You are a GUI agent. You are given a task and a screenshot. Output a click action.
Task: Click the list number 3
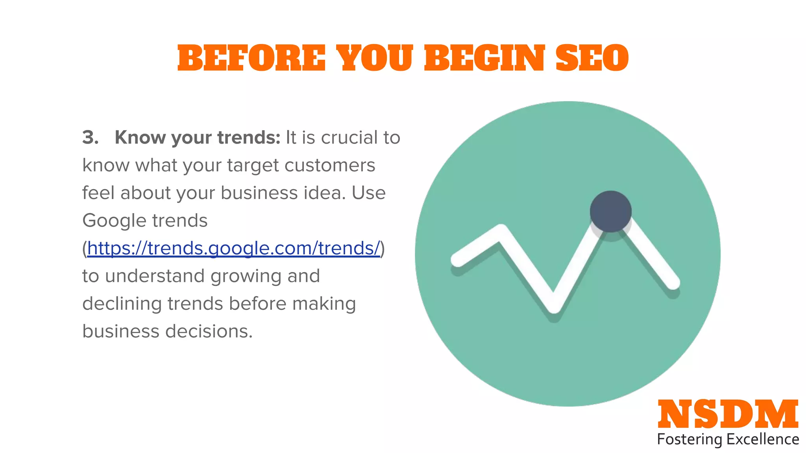pyautogui.click(x=90, y=138)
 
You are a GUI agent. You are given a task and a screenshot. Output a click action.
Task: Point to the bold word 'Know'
pyautogui.click(x=140, y=138)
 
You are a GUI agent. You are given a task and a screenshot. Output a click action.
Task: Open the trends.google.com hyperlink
pyautogui.click(x=234, y=249)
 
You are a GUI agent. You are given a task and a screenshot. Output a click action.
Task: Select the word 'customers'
pyautogui.click(x=330, y=165)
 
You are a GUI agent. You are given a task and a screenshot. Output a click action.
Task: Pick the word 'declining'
pyautogui.click(x=122, y=304)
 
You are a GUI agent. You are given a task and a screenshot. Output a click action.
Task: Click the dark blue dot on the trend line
pyautogui.click(x=610, y=212)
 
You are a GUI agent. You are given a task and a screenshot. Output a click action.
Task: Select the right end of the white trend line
pyautogui.click(x=673, y=283)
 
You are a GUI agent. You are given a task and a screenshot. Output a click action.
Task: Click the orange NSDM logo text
pyautogui.click(x=728, y=414)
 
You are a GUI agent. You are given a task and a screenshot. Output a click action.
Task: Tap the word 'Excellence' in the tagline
pyautogui.click(x=763, y=439)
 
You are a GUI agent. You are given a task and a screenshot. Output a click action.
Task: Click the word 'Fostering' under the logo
pyautogui.click(x=689, y=439)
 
